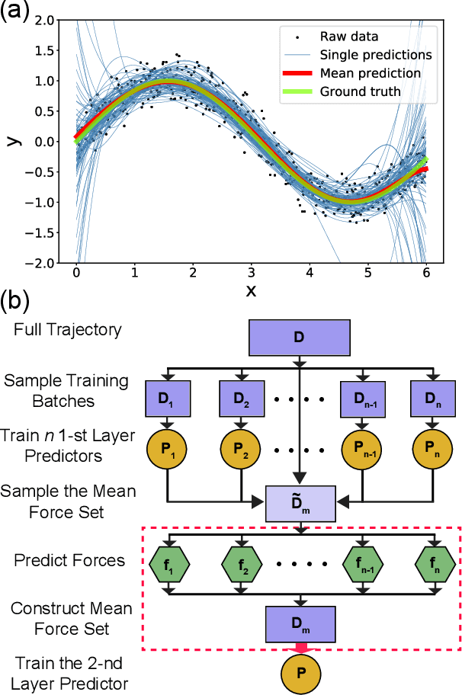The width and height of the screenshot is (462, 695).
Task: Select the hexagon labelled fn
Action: pos(435,565)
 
